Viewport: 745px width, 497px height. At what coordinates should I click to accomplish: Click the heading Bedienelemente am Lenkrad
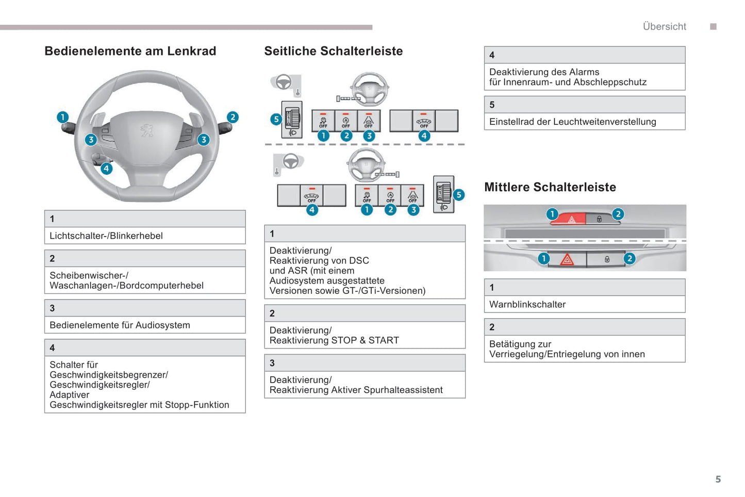130,51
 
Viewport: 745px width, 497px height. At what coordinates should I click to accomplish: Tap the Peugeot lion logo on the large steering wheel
147,130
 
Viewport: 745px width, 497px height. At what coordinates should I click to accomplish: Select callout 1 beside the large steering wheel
62,117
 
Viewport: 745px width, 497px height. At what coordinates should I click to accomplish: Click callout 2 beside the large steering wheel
233,117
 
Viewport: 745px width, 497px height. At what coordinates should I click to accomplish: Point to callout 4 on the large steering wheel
106,168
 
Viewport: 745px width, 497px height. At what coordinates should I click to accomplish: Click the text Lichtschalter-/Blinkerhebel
106,236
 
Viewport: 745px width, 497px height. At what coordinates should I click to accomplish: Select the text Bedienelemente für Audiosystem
120,325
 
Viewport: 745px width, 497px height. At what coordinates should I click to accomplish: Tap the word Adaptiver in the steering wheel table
69,394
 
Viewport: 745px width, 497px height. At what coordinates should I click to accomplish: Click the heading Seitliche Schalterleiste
333,51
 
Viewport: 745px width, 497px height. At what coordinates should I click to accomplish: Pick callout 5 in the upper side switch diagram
276,119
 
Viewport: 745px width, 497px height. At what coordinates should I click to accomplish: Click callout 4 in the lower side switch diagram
312,210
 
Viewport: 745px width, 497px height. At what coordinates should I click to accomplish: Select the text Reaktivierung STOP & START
334,340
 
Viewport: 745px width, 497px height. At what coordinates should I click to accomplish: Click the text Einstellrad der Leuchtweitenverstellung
572,122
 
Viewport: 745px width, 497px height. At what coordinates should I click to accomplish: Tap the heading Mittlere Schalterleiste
550,187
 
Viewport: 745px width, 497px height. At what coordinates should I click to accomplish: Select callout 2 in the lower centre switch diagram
629,258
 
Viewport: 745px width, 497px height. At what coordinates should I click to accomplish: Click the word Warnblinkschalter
527,304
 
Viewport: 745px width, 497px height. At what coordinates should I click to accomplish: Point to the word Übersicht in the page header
664,26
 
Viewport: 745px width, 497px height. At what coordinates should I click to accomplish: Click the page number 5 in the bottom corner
718,479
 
